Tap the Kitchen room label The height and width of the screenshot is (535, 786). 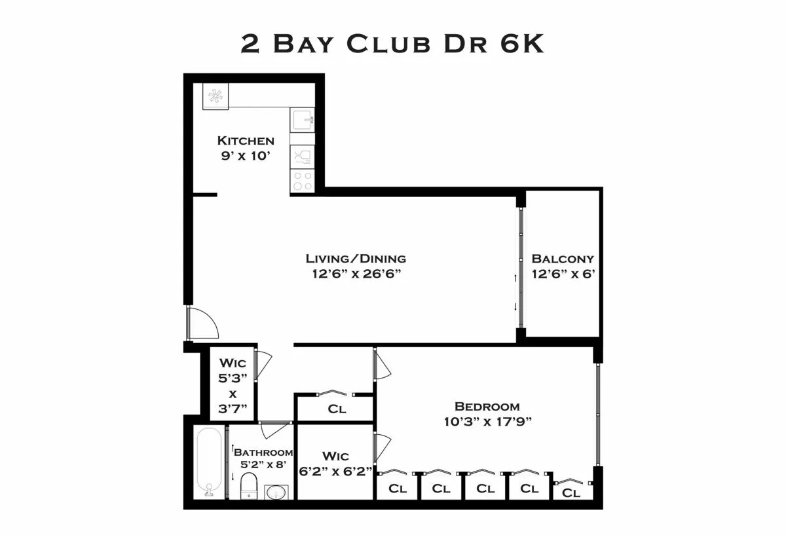[246, 141]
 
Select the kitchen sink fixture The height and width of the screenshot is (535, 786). [303, 120]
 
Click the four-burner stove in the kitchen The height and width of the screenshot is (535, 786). [302, 181]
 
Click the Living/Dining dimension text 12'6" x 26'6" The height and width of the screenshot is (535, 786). [356, 274]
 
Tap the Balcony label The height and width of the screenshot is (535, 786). [563, 259]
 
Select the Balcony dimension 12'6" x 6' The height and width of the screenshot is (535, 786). [563, 274]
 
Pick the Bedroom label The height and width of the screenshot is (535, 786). [487, 406]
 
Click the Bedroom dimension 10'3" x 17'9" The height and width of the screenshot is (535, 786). [487, 422]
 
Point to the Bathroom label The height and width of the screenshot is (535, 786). [263, 452]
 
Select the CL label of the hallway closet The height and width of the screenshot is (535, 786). [337, 410]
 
